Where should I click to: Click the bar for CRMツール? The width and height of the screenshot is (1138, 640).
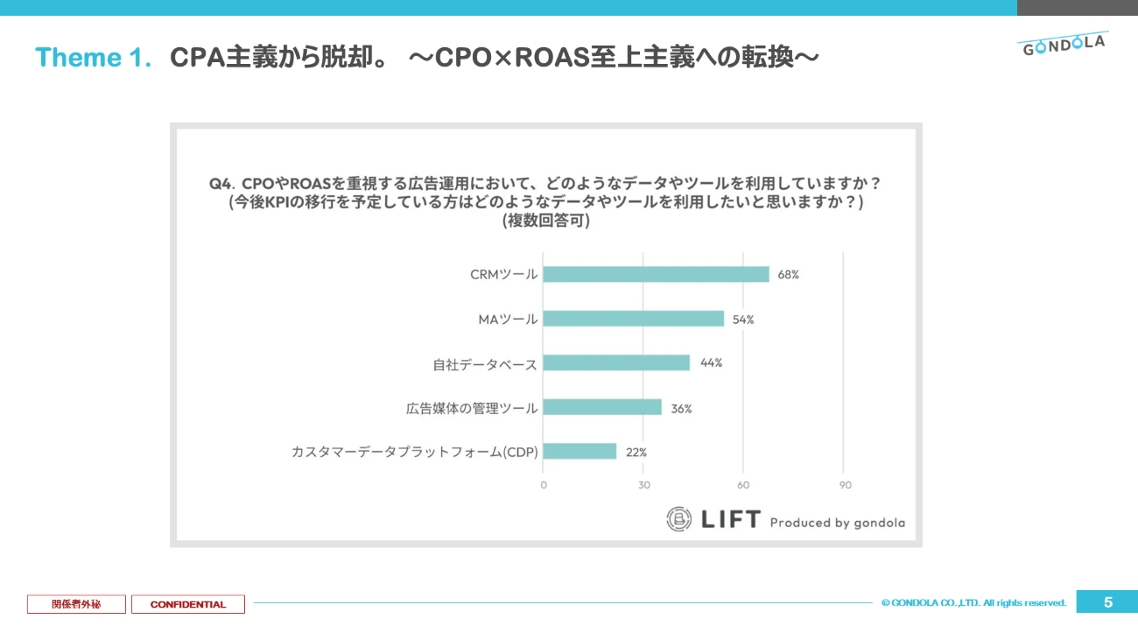656,274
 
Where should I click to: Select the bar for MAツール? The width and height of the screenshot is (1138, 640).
633,319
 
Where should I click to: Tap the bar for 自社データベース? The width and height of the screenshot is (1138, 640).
616,362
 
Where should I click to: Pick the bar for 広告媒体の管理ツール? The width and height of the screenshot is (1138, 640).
602,407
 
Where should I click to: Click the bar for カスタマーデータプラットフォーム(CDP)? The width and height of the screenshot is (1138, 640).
580,452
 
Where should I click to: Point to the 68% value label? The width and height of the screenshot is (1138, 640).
788,274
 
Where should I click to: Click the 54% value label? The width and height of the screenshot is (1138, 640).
743,320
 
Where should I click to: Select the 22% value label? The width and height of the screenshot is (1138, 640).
636,453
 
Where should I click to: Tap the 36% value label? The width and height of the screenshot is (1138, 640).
681,408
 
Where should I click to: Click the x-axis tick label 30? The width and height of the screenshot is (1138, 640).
643,485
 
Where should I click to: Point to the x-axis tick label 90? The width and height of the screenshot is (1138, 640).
845,485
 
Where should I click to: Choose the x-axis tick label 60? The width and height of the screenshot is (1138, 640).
743,485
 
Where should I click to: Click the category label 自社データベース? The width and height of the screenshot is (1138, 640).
485,363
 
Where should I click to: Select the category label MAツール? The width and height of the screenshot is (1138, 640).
508,320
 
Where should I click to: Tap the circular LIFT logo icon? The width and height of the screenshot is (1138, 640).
679,519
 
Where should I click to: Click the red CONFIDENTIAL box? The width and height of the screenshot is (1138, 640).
188,604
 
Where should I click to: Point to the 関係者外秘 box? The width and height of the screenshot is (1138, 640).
76,604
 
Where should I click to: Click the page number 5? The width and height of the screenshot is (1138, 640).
1107,602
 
